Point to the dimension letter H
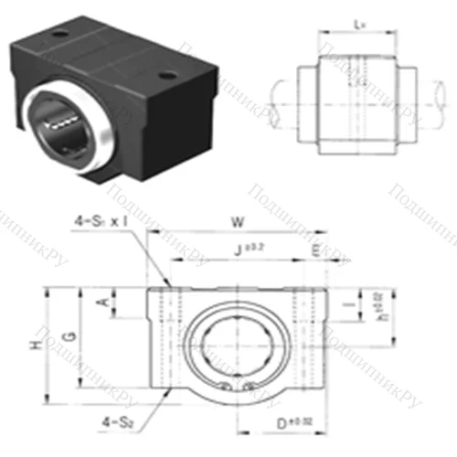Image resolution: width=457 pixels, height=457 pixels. pyautogui.click(x=36, y=345)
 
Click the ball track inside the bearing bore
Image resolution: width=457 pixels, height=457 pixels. pyautogui.click(x=62, y=119)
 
